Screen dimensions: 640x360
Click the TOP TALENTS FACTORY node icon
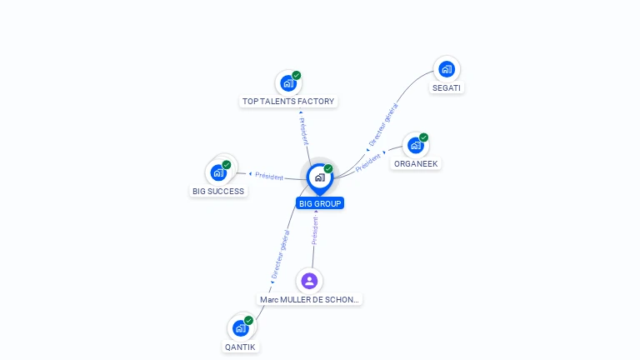288,83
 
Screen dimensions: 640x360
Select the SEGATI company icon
447,69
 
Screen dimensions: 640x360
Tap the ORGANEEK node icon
416,145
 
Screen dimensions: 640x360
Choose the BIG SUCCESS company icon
219,172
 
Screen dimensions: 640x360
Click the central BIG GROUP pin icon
320,178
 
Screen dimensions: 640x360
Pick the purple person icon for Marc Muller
309,281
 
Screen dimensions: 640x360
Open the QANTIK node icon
241,327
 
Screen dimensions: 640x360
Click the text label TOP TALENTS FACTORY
288,101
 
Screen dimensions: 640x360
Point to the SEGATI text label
447,87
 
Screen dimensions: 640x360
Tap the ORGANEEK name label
416,163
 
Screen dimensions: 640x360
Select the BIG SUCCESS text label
218,191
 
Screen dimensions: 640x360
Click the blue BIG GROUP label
320,203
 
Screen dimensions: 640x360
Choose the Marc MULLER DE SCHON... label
309,300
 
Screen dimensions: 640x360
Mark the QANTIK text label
240,347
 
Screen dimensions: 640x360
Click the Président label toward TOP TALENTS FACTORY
304,131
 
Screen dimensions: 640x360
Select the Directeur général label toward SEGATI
383,125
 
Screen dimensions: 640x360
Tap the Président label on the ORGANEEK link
368,162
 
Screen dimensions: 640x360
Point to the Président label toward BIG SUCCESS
269,176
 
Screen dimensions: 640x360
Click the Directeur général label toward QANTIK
280,254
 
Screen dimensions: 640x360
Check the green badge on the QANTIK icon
248,320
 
